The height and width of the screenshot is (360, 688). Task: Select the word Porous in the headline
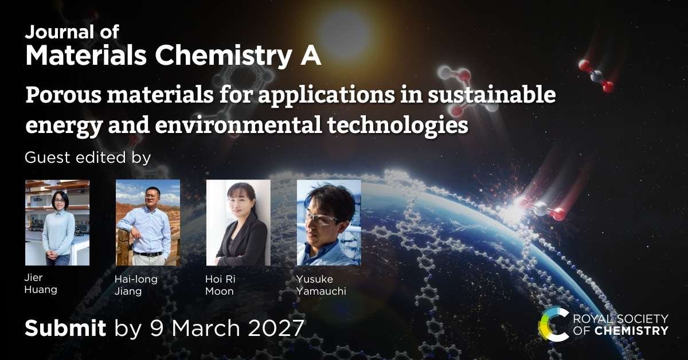point(63,95)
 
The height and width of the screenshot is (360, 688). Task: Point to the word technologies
point(397,126)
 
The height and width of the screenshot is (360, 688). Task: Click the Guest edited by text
point(88,158)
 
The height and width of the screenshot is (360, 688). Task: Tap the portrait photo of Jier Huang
point(57,222)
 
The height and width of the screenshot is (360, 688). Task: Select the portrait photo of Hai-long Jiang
point(148,222)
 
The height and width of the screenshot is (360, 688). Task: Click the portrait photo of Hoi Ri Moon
point(239,222)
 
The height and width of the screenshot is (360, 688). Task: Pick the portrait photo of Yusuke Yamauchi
point(329,222)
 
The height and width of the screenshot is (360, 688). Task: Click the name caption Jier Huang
point(41,284)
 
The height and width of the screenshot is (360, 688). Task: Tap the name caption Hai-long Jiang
point(136,285)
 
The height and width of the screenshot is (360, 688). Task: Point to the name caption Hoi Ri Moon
point(220,285)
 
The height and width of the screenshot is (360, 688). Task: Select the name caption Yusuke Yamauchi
point(321,285)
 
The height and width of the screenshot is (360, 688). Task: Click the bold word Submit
point(65,328)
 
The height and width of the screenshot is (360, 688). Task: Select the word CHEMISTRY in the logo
point(631,331)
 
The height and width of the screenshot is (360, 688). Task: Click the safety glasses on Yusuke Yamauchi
point(322,219)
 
